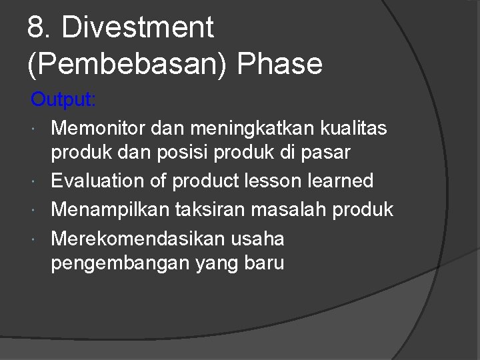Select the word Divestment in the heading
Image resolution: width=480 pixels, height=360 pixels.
[138, 29]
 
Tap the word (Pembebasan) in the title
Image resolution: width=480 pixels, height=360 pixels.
[123, 65]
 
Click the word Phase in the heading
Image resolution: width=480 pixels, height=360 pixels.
[280, 65]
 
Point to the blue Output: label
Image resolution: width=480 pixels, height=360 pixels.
[64, 100]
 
